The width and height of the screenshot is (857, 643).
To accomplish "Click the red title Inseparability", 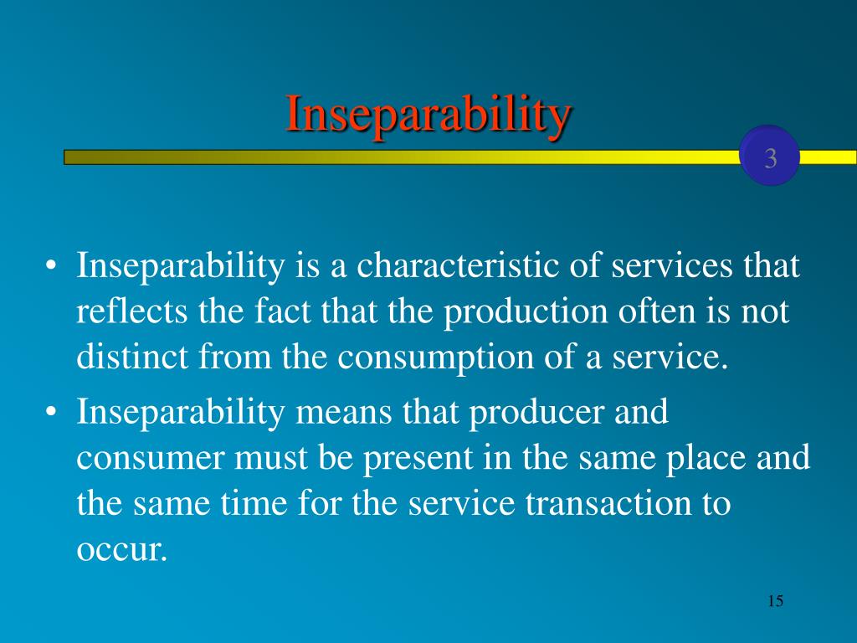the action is [428, 114].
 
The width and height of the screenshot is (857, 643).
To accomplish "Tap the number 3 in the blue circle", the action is [771, 158].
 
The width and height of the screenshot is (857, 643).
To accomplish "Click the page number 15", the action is [776, 601].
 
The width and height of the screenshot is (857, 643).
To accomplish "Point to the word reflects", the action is [131, 311].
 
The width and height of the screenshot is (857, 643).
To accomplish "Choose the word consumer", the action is [151, 459].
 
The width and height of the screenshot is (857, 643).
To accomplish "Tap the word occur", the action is [121, 550].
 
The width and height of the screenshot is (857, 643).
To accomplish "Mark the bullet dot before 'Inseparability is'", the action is [51, 266].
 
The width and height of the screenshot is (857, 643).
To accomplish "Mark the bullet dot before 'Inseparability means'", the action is [51, 412].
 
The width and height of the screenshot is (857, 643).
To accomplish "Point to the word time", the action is [254, 503].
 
